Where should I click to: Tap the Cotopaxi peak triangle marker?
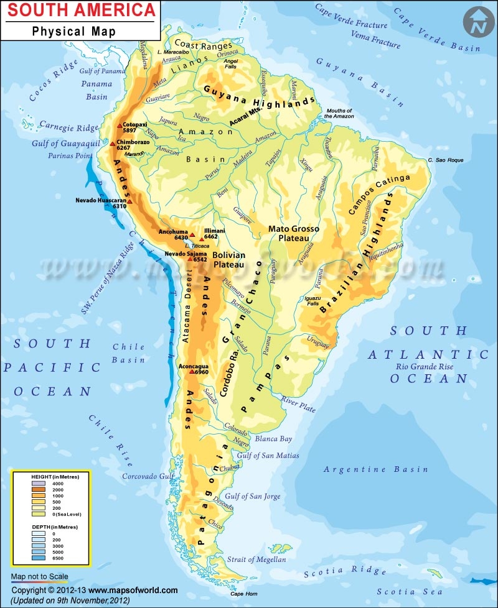pyautogui.click(x=120, y=126)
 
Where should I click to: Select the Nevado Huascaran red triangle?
pyautogui.click(x=129, y=201)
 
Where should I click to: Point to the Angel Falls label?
pyautogui.click(x=230, y=64)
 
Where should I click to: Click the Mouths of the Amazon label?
pyautogui.click(x=338, y=113)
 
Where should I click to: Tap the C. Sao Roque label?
pyautogui.click(x=446, y=160)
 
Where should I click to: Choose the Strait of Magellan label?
pyautogui.click(x=256, y=560)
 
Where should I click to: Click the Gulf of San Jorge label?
pyautogui.click(x=253, y=496)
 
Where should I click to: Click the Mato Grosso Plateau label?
pyautogui.click(x=293, y=233)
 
